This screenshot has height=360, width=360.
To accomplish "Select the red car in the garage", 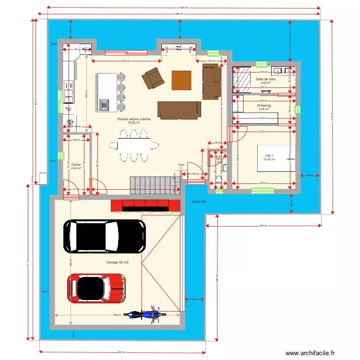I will pyautogui.click(x=96, y=288).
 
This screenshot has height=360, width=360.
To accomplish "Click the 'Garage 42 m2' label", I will pyautogui.click(x=117, y=263).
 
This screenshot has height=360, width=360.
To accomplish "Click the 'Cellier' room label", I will pyautogui.click(x=76, y=164).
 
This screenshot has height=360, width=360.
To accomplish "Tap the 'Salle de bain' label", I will pyautogui.click(x=265, y=79).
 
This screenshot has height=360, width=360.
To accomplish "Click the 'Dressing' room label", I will pyautogui.click(x=264, y=105).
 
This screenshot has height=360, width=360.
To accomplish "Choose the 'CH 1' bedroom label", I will pyautogui.click(x=269, y=156).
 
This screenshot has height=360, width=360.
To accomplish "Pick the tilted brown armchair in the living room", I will pyautogui.click(x=153, y=77).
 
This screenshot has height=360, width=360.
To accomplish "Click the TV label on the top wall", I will pyautogui.click(x=179, y=48).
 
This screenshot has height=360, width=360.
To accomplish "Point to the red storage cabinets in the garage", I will pyautogui.click(x=145, y=205).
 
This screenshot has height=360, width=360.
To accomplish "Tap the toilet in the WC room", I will pyautogui.click(x=219, y=181).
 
